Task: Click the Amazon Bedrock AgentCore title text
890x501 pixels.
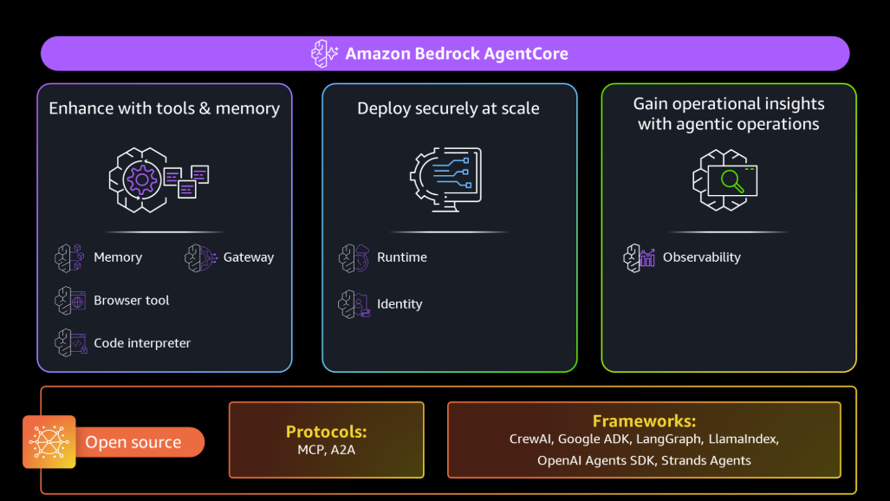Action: [457, 54]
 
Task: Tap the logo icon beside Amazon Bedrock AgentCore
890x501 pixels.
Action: [325, 54]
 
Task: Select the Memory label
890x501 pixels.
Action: [118, 257]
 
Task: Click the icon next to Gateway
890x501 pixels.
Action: [199, 257]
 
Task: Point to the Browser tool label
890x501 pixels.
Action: [132, 301]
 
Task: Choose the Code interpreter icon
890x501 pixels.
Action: [70, 343]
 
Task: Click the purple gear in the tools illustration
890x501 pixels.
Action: [140, 180]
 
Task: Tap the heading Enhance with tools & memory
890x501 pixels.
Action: [164, 108]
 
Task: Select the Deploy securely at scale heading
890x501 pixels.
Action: [448, 108]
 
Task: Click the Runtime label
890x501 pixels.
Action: [401, 257]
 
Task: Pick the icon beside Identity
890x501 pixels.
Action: [354, 304]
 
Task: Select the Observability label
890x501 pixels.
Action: [701, 257]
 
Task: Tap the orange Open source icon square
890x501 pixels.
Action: [49, 442]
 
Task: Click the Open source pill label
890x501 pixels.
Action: [133, 443]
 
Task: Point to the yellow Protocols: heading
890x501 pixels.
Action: [327, 432]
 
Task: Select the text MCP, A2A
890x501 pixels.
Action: [327, 450]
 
